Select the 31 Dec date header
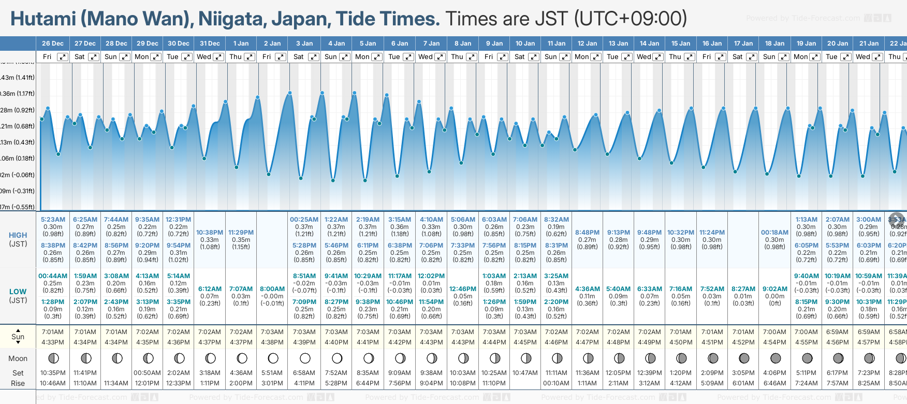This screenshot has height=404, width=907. click(210, 44)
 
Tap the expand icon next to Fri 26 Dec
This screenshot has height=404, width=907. click(62, 57)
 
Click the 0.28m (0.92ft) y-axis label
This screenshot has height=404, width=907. click(18, 110)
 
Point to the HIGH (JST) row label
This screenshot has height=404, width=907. click(18, 239)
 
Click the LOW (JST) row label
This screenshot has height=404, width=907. click(18, 296)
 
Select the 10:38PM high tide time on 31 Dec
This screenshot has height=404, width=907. click(210, 233)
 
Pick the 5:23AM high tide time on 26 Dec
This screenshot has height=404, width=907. click(53, 220)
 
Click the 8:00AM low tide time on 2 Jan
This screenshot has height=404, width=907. click(272, 289)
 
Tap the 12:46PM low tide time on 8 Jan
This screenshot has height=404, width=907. click(463, 289)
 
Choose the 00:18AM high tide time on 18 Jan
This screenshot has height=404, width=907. click(774, 233)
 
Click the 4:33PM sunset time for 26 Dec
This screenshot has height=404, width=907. click(53, 342)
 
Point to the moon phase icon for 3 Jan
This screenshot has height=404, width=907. click(305, 358)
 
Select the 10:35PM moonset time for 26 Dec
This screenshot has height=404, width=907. click(53, 373)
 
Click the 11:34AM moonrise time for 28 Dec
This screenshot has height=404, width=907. click(116, 383)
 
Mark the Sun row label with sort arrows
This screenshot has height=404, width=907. click(18, 337)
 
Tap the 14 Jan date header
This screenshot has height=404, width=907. click(649, 44)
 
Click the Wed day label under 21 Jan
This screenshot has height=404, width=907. click(862, 57)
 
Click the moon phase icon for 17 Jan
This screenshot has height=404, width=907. click(744, 358)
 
